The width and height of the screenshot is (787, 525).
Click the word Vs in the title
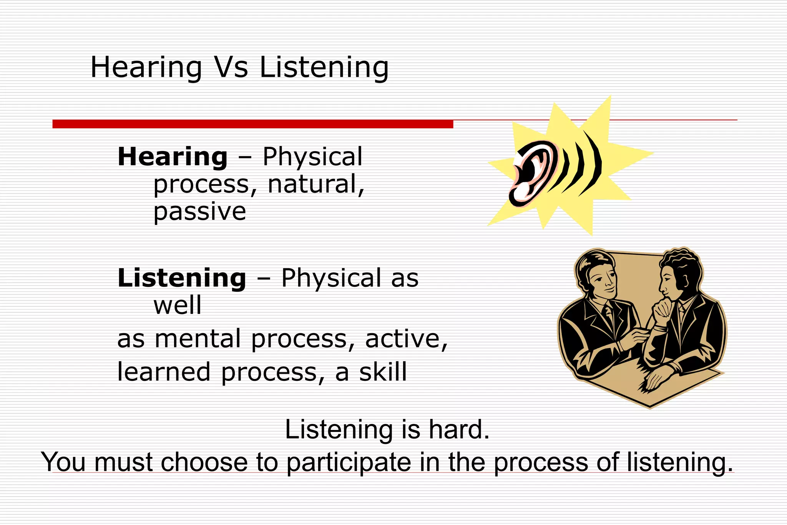pyautogui.click(x=231, y=68)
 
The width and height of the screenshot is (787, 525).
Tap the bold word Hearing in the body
pyautogui.click(x=173, y=157)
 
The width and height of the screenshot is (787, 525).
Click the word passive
pyautogui.click(x=199, y=212)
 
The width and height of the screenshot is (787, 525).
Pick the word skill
pyautogui.click(x=383, y=372)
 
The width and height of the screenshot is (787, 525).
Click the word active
pyautogui.click(x=406, y=339)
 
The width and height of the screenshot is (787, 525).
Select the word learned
pyautogui.click(x=164, y=372)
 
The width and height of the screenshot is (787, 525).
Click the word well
pyautogui.click(x=177, y=306)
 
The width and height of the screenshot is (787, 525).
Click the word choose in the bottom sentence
pyautogui.click(x=204, y=462)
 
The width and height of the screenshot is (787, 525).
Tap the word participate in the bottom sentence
pyautogui.click(x=349, y=463)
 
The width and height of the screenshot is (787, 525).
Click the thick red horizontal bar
pyautogui.click(x=252, y=124)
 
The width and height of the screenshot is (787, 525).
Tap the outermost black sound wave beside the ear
pyautogui.click(x=594, y=163)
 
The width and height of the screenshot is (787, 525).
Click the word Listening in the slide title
pyautogui.click(x=324, y=68)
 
